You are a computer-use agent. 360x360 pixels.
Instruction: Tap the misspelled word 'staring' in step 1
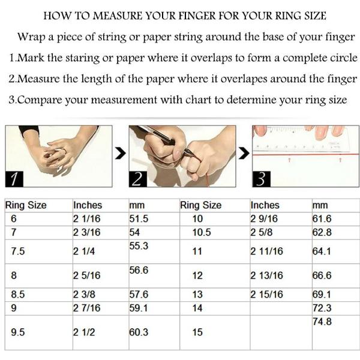82,58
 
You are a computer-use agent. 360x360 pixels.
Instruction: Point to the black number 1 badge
14,179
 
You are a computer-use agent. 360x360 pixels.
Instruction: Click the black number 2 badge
138,179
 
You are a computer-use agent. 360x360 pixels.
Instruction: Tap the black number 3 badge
261,179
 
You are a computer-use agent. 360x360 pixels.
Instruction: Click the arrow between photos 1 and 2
121,154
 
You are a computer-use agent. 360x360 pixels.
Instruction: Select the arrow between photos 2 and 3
244,154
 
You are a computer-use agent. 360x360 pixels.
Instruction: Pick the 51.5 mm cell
139,218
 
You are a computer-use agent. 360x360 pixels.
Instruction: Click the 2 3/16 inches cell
87,232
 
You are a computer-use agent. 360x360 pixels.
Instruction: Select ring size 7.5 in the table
17,251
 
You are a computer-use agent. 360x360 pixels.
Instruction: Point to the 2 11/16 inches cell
266,251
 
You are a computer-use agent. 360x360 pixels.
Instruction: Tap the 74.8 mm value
322,322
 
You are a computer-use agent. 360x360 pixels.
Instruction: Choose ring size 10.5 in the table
202,232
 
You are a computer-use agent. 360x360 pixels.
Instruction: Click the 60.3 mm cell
139,332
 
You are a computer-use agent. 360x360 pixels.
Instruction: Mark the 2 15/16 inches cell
266,295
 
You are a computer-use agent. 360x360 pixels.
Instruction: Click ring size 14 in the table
197,308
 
